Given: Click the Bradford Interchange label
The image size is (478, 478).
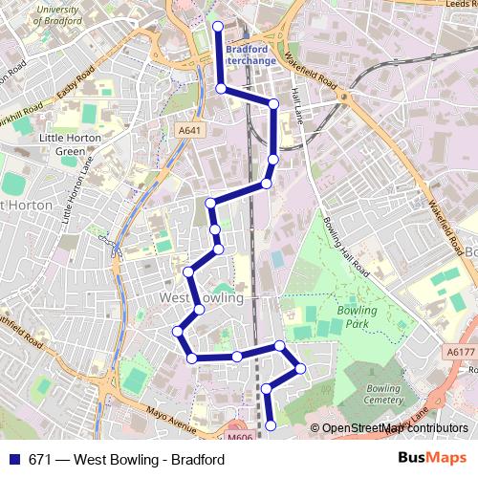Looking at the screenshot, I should point(250,55).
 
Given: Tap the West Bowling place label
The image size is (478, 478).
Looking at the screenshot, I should point(201,298).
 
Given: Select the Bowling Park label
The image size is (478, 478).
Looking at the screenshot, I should point(357,316).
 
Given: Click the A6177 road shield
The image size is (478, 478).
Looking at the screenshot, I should point(460,352).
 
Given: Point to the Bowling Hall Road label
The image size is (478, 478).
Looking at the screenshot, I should point(346,248).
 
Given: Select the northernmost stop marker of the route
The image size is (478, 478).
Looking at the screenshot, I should point(217,27).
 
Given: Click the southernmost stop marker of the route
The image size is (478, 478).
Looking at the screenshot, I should point(271,424).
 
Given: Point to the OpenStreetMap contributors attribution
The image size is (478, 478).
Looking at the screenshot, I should point(394,428).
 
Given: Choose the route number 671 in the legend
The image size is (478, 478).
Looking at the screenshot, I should point(40,460).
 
